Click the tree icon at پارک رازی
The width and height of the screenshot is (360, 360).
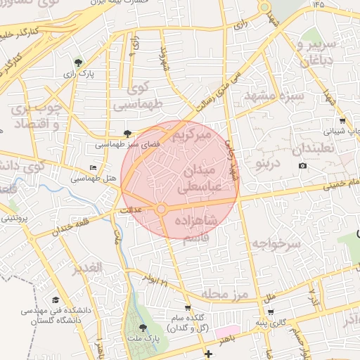(x=78, y=63)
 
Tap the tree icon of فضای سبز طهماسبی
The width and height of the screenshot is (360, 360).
(x=127, y=133)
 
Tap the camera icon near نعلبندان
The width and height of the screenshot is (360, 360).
(x=302, y=166)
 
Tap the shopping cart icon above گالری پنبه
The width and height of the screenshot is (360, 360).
(x=271, y=312)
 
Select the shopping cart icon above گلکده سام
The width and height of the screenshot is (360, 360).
(x=188, y=307)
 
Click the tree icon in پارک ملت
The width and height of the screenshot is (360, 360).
(x=143, y=328)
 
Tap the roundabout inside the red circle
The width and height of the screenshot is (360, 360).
(x=161, y=209)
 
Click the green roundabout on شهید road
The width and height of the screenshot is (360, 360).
(x=264, y=8)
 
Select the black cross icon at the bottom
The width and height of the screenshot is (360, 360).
(x=207, y=353)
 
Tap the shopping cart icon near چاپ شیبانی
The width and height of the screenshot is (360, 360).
(x=342, y=120)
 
